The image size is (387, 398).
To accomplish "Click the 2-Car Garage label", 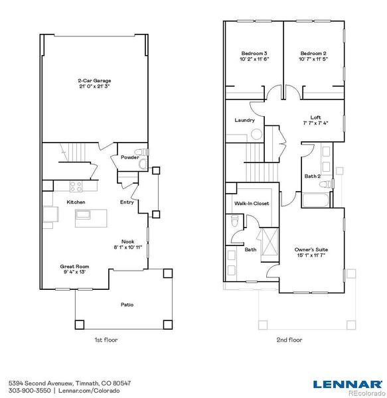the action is pyautogui.click(x=94, y=81).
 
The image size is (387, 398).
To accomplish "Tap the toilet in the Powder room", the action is pyautogui.click(x=141, y=153).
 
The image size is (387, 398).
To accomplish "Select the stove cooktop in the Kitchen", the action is pyautogui.click(x=76, y=186).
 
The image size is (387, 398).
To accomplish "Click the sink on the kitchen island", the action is pyautogui.click(x=83, y=214).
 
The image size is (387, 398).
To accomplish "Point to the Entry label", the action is pyautogui.click(x=127, y=202).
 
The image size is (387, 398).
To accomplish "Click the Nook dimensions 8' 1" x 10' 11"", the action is pyautogui.click(x=127, y=247).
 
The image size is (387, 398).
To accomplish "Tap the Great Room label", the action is pyautogui.click(x=74, y=267).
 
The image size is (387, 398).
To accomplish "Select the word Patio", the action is pyautogui.click(x=127, y=304).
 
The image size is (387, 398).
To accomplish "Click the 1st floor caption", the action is pyautogui.click(x=106, y=340).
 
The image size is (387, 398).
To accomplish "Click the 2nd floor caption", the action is pyautogui.click(x=289, y=340).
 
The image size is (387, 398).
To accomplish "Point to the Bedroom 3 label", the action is pyautogui.click(x=254, y=54).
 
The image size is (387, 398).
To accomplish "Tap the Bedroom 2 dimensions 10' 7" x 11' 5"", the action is pyautogui.click(x=313, y=59).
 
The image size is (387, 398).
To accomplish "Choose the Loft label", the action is pyautogui.click(x=315, y=117).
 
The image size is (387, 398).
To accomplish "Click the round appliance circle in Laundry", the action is pyautogui.click(x=256, y=134).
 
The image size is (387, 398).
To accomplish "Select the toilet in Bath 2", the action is pyautogui.click(x=326, y=184).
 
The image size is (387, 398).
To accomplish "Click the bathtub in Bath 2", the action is pyautogui.click(x=315, y=200).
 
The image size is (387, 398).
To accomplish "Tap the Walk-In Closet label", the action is pyautogui.click(x=252, y=204).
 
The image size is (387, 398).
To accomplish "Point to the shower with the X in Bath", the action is pyautogui.click(x=270, y=242).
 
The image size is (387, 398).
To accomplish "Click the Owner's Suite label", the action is pyautogui.click(x=311, y=250).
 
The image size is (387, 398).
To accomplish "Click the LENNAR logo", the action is pyautogui.click(x=347, y=384).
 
